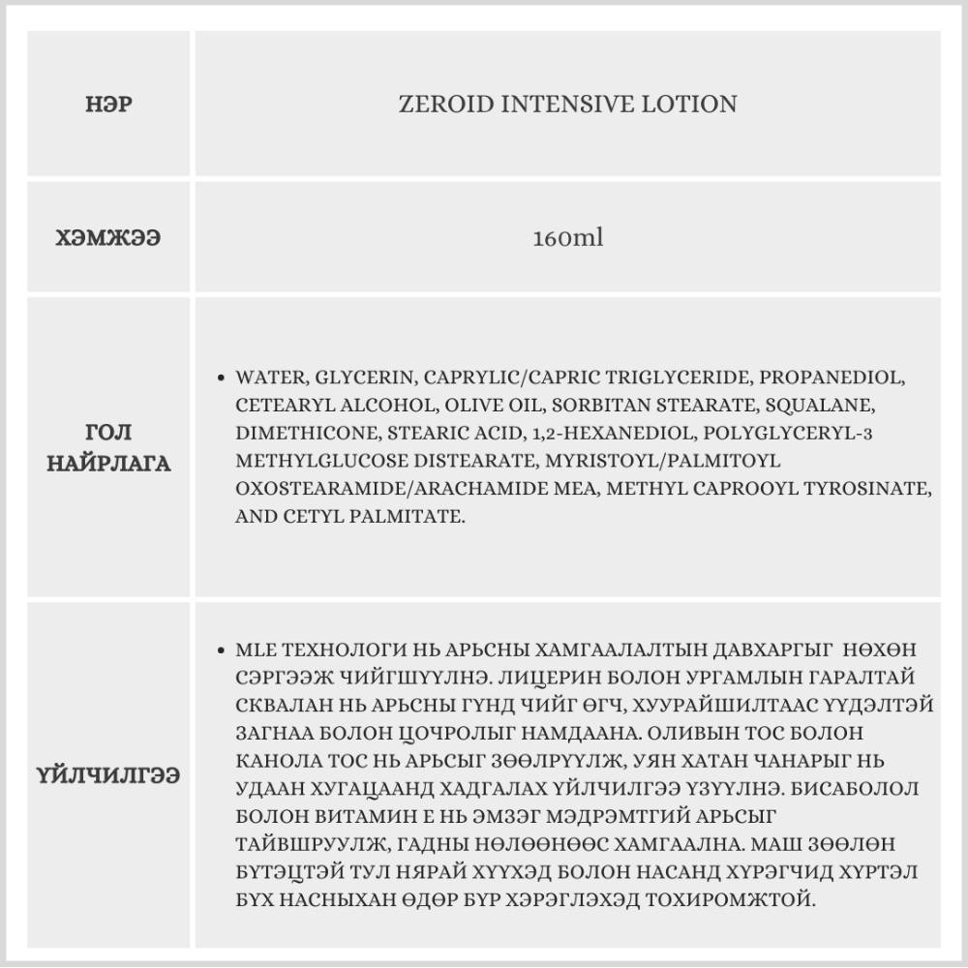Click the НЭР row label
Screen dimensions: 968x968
(x=108, y=104)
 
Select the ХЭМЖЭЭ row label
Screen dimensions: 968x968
(x=108, y=238)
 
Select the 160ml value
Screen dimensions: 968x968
(x=567, y=238)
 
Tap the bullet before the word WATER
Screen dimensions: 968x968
(x=224, y=378)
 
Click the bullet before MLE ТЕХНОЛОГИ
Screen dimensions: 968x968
(x=224, y=650)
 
